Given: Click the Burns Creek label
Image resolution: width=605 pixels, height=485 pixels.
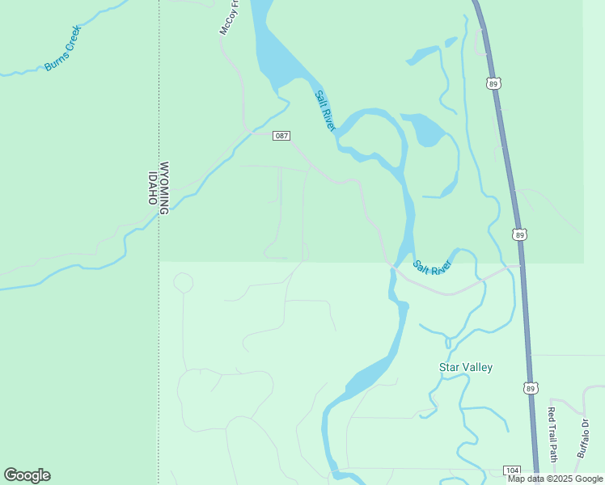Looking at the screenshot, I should pyautogui.click(x=63, y=48).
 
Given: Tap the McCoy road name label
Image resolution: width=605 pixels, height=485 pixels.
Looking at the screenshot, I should pyautogui.click(x=230, y=17).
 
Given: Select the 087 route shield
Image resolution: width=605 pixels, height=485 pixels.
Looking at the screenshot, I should pyautogui.click(x=281, y=136).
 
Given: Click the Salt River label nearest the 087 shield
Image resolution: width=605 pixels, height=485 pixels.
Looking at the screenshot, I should pyautogui.click(x=324, y=110).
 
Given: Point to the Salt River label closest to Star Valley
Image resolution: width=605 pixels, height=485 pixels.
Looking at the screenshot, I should pyautogui.click(x=431, y=267).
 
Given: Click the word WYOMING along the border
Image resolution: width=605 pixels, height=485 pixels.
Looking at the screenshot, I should pyautogui.click(x=164, y=188).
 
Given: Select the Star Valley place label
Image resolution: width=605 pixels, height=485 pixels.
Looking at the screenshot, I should pyautogui.click(x=465, y=368).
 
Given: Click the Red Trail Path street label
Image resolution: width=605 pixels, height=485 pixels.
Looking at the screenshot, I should pyautogui.click(x=552, y=432).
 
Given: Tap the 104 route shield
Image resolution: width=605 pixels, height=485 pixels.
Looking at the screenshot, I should pyautogui.click(x=511, y=470).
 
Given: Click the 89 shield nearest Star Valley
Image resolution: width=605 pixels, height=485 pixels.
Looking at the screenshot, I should pyautogui.click(x=531, y=389).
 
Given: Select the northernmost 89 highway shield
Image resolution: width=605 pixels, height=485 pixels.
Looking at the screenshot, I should pyautogui.click(x=494, y=82).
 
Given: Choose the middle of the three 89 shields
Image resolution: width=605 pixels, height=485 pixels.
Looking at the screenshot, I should pyautogui.click(x=519, y=234).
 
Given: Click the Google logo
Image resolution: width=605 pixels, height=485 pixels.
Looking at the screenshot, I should pyautogui.click(x=27, y=475).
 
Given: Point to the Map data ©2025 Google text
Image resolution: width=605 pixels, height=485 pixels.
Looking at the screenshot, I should pyautogui.click(x=555, y=479).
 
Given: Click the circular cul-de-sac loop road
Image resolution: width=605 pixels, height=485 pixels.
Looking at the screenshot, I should pyautogui.click(x=184, y=283).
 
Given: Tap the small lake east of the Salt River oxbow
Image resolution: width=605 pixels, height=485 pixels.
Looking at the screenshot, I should pyautogui.click(x=427, y=129).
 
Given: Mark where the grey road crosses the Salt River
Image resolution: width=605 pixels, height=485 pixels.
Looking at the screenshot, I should pyautogui.click(x=393, y=265).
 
